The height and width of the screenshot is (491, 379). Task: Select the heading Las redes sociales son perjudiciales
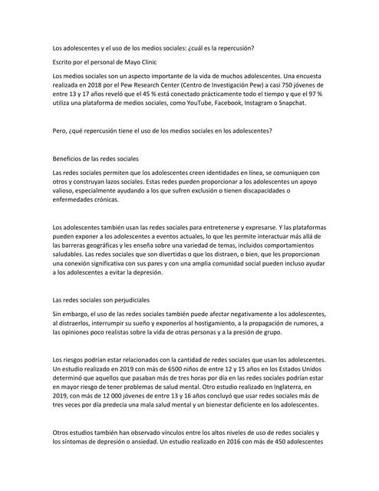pyautogui.click(x=100, y=298)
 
